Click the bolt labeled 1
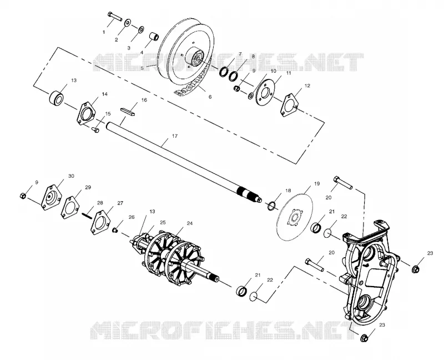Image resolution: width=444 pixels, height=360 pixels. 114,16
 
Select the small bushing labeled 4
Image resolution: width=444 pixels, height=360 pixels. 154,37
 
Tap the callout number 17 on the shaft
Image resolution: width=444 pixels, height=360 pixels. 175,136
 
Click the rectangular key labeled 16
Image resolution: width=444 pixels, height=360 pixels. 129,111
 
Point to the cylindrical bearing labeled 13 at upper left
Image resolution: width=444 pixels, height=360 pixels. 57,97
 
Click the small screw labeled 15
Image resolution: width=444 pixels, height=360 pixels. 95,130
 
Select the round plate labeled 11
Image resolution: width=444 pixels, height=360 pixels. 265,92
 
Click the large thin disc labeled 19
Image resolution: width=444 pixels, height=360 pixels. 294,217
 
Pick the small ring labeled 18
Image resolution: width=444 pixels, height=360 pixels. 271,206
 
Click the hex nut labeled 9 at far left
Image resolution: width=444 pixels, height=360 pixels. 23,196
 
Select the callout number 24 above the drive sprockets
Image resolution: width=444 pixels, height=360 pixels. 189,223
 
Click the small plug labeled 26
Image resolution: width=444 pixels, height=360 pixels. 115,229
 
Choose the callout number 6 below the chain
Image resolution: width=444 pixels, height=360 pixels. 210,97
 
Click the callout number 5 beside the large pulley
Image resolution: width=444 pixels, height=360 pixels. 142,68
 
